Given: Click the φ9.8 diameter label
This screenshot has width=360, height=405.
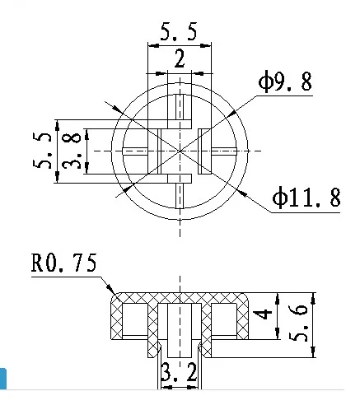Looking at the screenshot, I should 285,82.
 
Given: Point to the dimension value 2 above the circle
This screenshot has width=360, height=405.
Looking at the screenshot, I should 179,58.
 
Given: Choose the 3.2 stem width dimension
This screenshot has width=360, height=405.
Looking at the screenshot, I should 179,375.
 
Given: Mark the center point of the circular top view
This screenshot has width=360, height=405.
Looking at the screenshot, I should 179,151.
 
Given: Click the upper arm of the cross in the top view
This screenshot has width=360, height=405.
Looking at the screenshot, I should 179,108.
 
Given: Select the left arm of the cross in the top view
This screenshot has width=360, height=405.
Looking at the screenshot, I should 135,151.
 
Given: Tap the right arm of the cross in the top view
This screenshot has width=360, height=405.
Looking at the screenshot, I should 222,151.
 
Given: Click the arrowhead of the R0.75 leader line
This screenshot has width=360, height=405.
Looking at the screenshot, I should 112,290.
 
